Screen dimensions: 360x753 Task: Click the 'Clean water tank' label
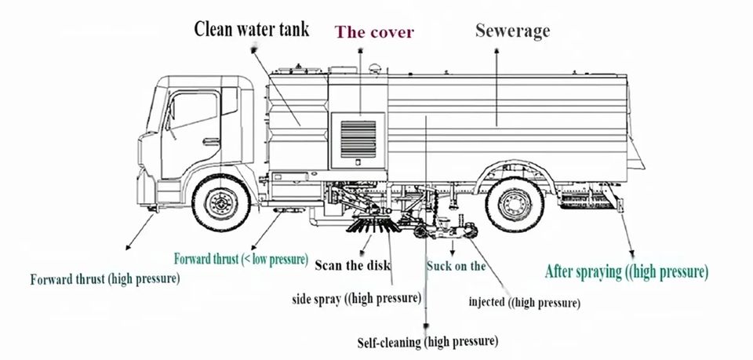coord(251,29)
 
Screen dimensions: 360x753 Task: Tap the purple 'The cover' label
coord(375,32)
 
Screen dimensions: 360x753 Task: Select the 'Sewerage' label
coord(513,31)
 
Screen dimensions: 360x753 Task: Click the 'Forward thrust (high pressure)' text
coord(105,278)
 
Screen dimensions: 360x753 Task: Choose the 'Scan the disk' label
coord(352,265)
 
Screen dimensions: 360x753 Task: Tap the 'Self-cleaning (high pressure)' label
coord(427,341)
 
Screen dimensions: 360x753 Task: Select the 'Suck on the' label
coord(456,266)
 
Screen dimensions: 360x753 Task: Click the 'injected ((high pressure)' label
coord(524,303)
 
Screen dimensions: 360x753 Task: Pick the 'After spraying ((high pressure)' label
coord(627,272)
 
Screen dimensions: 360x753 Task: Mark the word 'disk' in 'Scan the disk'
coord(376,265)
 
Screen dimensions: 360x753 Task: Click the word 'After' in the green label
coord(564,272)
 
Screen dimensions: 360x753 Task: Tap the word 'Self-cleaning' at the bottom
coord(390,341)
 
